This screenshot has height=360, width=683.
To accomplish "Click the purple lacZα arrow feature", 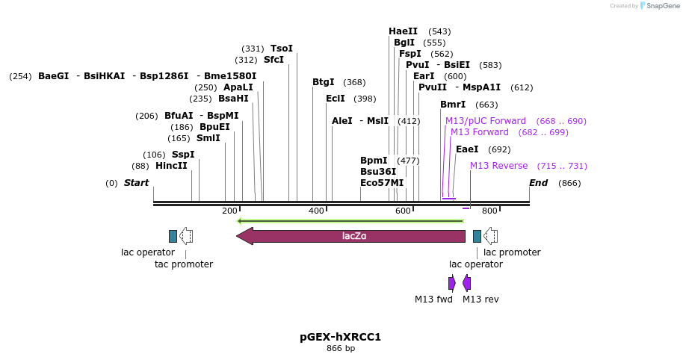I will coord(351,236).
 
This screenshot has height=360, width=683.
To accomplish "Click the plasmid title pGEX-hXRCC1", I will coord(340,337).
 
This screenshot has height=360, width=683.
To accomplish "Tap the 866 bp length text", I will coord(340,349).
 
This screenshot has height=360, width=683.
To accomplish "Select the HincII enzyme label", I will coord(171,166).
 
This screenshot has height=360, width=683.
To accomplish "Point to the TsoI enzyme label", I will coord(281,49).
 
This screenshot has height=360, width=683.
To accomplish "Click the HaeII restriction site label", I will coord(403,31).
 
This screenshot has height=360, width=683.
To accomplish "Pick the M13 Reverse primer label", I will coord(498,166).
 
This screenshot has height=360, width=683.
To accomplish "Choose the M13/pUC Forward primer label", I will coord(486,121).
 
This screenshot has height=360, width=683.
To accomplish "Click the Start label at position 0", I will coord(136,183).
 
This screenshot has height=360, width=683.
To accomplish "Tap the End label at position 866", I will coord(538,183).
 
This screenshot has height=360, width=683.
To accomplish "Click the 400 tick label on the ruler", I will coord(317,211).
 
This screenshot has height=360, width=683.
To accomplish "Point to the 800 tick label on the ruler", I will coord(489,211).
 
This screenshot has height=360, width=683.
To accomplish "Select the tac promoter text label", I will coord(184,264).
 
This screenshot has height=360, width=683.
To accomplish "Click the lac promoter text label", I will coord(512,252).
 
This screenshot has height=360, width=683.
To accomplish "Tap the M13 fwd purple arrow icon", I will coord(451,283).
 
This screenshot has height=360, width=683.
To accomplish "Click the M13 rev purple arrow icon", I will coord(466,283).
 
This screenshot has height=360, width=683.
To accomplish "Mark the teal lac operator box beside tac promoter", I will coord(173,236).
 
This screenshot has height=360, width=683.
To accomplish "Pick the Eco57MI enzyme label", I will coord(381,182).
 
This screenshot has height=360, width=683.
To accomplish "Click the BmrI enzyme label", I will coord(453,105).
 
